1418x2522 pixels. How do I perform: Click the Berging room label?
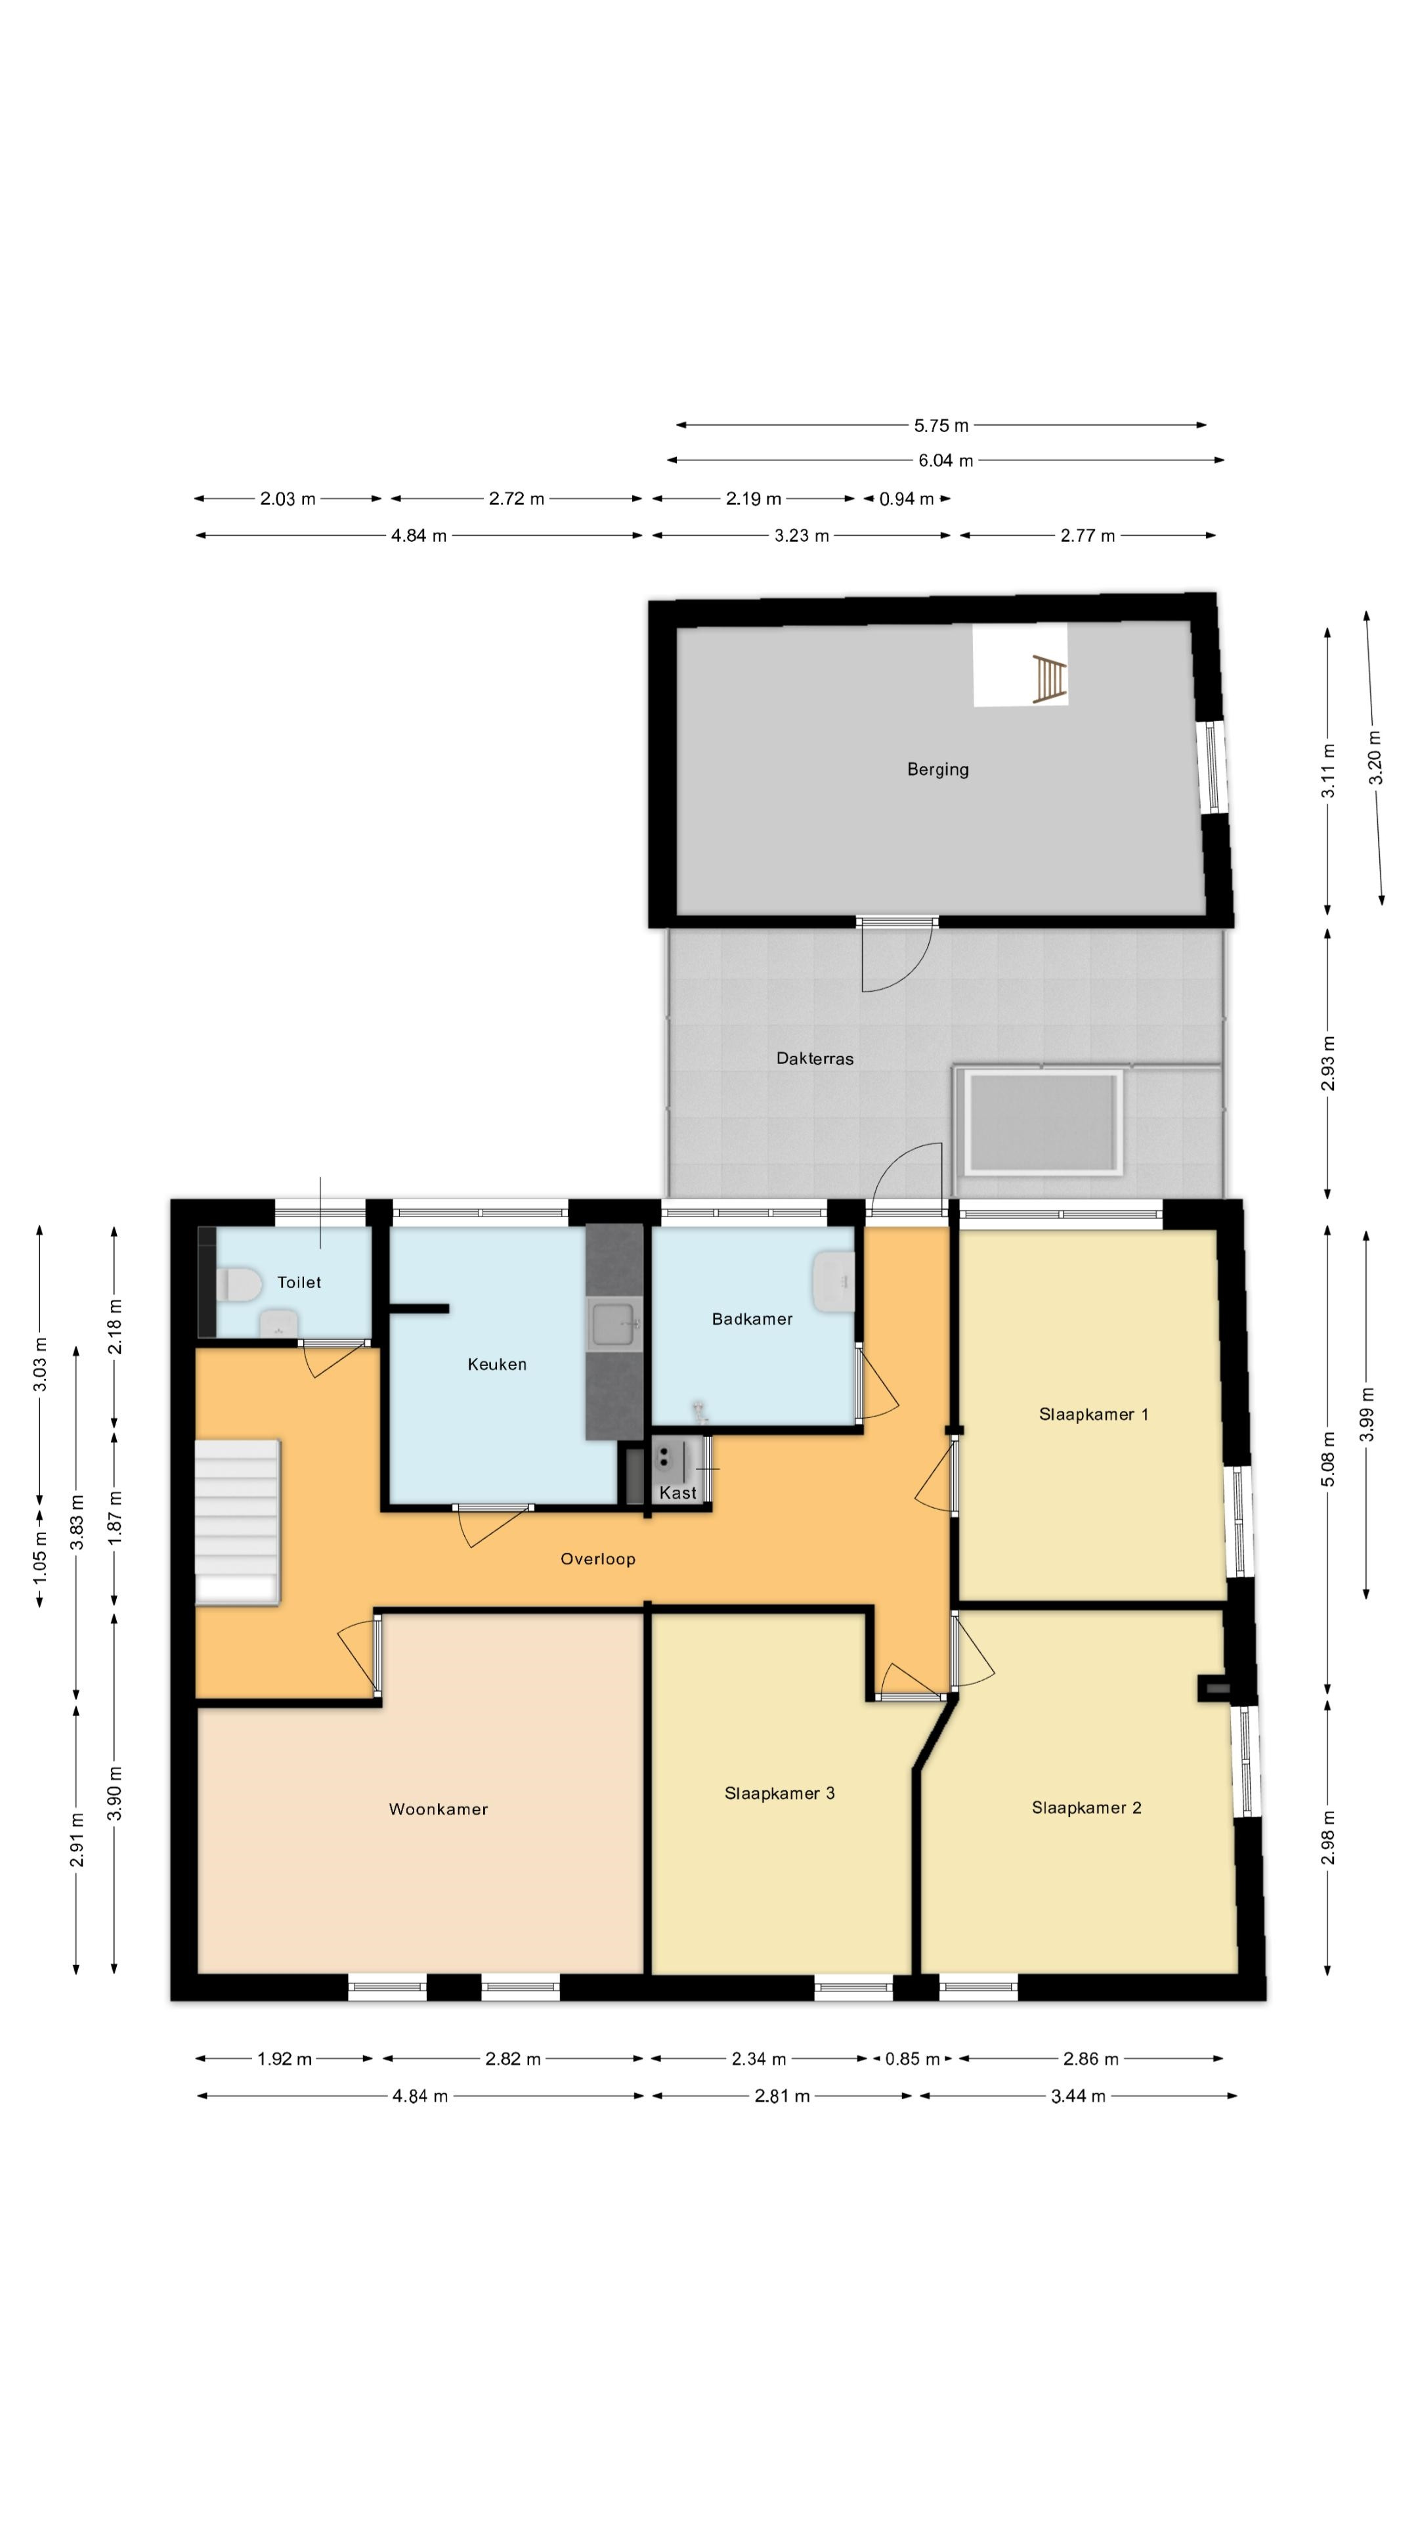937,770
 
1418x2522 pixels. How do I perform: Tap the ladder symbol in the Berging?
1048,678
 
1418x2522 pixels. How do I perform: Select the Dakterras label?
814,1058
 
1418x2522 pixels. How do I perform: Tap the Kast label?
678,1493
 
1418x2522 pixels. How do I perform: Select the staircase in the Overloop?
238,1522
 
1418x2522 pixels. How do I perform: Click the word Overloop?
598,1559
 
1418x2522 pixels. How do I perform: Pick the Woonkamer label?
439,1809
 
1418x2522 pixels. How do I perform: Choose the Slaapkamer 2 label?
1086,1807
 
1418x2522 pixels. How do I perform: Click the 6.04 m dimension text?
945,460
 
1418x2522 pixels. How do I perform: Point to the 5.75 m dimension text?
941,426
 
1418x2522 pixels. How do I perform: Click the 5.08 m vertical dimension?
1328,1459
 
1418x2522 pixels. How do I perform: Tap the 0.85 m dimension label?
912,2059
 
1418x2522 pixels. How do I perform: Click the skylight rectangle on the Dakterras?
1042,1122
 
